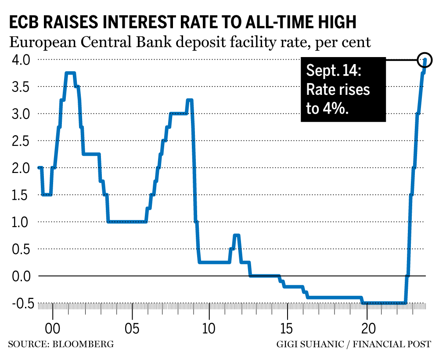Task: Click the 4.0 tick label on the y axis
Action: coord(18,59)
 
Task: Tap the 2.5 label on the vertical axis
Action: coord(18,141)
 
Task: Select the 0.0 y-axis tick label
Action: coord(18,276)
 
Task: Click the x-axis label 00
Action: coord(53,329)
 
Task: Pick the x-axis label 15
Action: coord(288,329)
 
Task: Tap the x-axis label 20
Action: coord(366,329)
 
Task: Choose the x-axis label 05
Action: coord(131,329)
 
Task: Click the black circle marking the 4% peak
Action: coord(425,59)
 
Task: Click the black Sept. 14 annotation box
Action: coord(343,90)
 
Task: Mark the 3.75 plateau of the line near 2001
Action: coord(70,73)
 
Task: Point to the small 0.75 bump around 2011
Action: coord(237,236)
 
